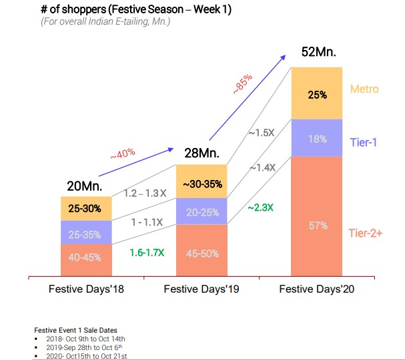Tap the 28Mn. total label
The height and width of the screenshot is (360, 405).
(x=201, y=153)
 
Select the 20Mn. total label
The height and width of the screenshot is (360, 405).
(x=85, y=186)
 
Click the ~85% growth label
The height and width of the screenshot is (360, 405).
(x=242, y=84)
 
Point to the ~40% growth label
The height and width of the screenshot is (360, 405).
(x=122, y=154)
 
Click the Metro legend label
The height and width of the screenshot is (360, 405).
(x=364, y=89)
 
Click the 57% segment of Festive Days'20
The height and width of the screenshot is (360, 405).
(x=318, y=225)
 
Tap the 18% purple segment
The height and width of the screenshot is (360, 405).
(x=318, y=139)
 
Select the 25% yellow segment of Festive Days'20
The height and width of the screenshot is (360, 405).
(x=318, y=94)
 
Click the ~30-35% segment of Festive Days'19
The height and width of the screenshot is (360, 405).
(x=201, y=183)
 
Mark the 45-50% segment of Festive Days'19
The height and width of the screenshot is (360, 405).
(x=201, y=253)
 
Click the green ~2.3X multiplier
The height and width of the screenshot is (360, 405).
(x=261, y=207)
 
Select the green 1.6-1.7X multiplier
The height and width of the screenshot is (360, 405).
(x=147, y=253)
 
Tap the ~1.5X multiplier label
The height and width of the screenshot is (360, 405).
(x=262, y=133)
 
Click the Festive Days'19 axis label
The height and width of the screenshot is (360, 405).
(x=201, y=289)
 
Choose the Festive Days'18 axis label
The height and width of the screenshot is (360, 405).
(x=86, y=289)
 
